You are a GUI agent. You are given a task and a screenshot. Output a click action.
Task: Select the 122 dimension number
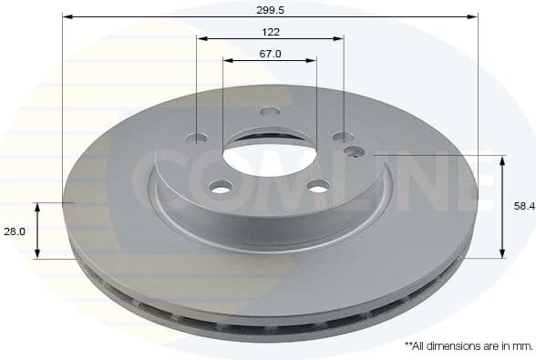(270, 31)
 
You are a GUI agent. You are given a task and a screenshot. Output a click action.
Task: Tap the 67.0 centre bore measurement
(270, 54)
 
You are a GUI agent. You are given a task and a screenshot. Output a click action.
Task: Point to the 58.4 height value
(523, 207)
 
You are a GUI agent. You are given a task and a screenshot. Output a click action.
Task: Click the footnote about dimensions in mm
(468, 345)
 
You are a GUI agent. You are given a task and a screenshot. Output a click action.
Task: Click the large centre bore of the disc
(269, 155)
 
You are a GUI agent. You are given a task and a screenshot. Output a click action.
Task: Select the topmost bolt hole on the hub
(269, 111)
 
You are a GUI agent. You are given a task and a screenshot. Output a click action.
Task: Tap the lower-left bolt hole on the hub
(221, 187)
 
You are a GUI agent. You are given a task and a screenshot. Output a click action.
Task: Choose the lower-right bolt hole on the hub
(317, 187)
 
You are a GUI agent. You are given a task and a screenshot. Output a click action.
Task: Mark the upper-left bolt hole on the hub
(196, 139)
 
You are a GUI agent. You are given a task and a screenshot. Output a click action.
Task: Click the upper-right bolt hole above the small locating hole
(342, 137)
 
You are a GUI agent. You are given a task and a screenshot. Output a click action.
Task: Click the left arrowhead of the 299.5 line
(67, 16)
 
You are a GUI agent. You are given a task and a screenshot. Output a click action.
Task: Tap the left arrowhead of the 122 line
(201, 38)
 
